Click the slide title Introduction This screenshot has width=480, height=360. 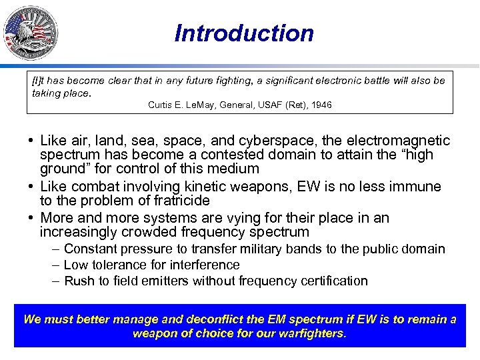244,33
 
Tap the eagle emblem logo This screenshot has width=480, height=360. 30,33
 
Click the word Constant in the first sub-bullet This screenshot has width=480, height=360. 90,249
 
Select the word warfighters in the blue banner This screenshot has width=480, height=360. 309,333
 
